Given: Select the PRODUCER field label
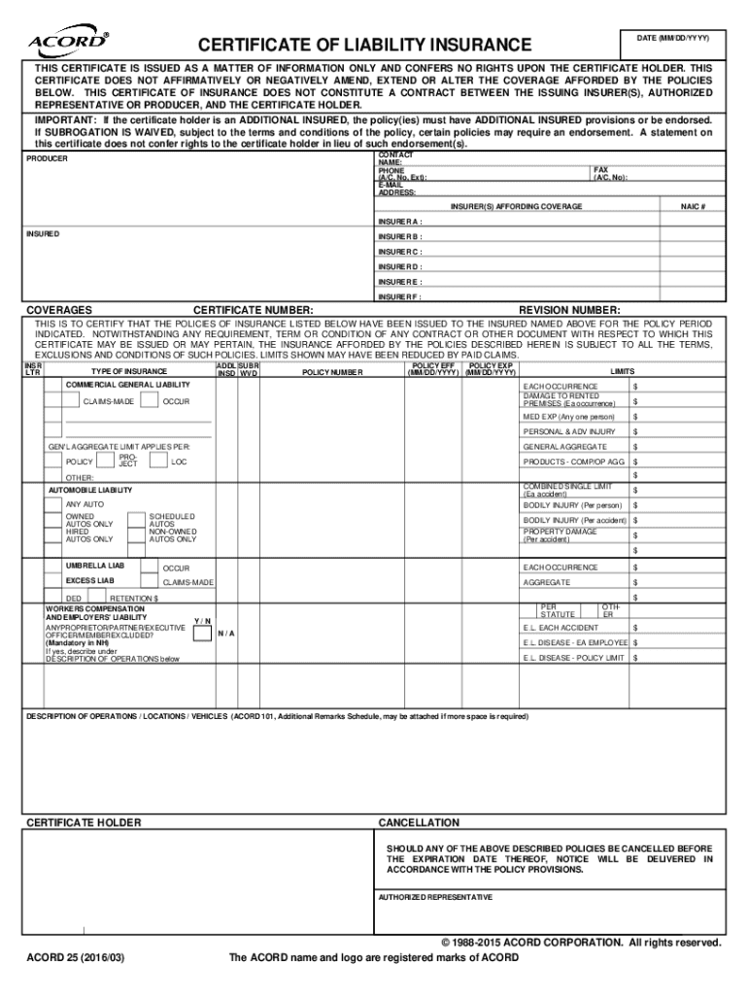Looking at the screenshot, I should pos(47,158).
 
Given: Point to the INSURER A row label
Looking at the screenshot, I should pos(400,221).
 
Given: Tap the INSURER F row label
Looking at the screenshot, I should pos(400,296).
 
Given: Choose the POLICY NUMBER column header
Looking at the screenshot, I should pos(332,372).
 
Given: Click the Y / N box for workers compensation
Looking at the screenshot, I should pos(201,634).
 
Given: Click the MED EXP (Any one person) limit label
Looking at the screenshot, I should pos(568,417).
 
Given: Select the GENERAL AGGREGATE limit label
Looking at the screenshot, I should pos(564,447).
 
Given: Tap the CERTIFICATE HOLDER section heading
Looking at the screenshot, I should pos(83,823).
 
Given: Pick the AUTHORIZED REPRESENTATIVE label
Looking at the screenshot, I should pos(435,897).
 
